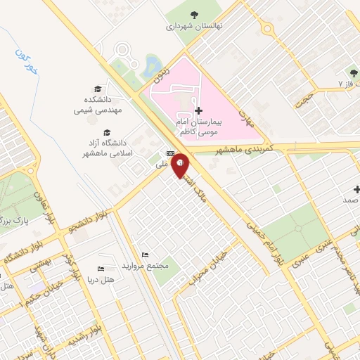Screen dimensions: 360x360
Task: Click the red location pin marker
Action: [x=181, y=165]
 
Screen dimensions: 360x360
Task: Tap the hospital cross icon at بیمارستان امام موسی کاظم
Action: [x=198, y=110]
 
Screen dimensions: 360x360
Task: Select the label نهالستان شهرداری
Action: [x=194, y=27]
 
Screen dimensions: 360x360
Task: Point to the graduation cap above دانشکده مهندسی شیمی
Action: [x=98, y=89]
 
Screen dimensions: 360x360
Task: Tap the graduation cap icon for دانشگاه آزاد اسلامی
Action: [x=108, y=132]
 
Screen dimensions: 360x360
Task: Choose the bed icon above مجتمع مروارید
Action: [x=145, y=255]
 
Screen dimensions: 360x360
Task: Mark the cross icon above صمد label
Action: [x=356, y=190]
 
